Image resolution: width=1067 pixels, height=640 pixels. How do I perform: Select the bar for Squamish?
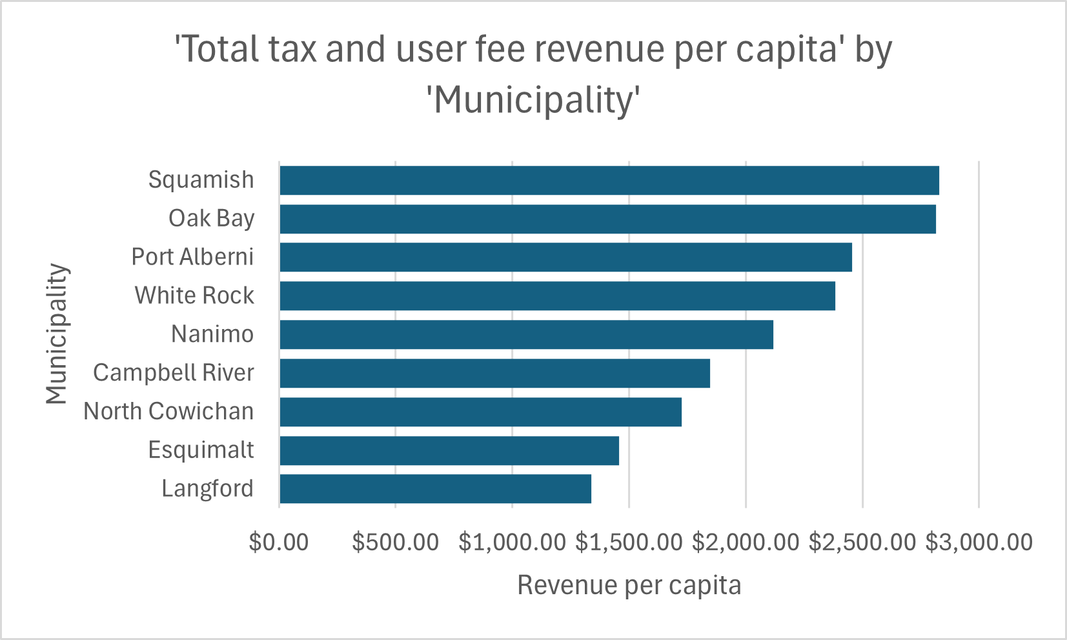tap(609, 180)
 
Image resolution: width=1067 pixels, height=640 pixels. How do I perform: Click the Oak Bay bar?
tap(607, 219)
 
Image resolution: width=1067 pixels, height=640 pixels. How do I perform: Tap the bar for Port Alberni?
tap(565, 257)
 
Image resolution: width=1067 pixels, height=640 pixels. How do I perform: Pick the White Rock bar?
tap(557, 295)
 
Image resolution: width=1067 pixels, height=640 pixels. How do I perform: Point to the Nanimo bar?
tap(526, 334)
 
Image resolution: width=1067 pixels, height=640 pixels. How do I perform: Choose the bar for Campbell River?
tap(494, 373)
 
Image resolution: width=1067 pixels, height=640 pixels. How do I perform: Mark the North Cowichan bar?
tap(480, 412)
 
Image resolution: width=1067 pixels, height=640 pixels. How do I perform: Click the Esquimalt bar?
tap(449, 450)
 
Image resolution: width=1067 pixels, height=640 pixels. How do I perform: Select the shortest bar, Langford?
tap(435, 489)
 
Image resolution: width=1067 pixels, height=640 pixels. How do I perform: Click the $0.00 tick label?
tap(279, 542)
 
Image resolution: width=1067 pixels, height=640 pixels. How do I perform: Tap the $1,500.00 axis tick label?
tap(629, 542)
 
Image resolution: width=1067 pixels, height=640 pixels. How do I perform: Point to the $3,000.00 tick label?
tap(979, 542)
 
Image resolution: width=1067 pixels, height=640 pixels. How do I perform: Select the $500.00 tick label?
tap(395, 542)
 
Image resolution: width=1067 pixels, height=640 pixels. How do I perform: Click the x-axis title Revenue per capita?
tap(629, 585)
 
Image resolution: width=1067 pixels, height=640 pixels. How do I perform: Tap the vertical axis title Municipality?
tap(57, 334)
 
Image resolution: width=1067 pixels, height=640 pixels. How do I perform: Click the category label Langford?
tap(207, 488)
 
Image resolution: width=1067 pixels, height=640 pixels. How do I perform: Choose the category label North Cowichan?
tap(168, 411)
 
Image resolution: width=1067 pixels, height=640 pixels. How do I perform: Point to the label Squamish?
tap(201, 179)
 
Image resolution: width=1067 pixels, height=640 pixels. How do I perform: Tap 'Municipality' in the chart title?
tap(533, 101)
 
